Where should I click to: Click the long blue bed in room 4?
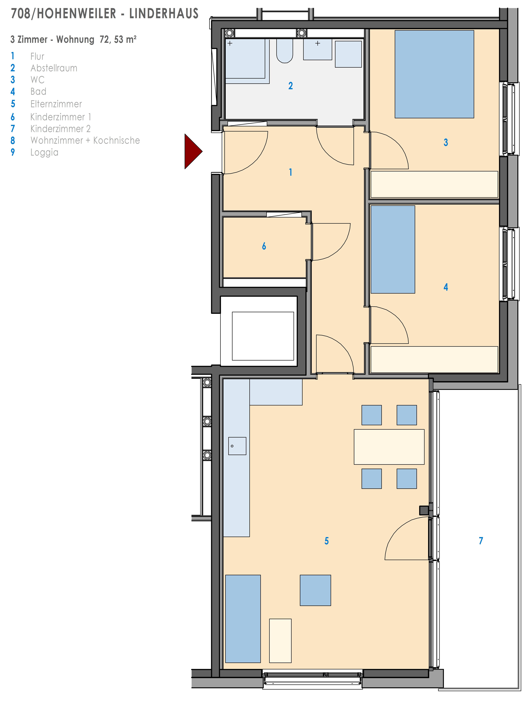[x=393, y=249]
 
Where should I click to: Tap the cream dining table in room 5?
[x=389, y=447]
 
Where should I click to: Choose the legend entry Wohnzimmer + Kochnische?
[x=85, y=140]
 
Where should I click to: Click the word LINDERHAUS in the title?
[x=164, y=14]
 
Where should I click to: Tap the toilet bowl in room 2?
[x=284, y=51]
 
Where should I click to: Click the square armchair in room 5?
[x=315, y=590]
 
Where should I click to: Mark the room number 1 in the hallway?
[x=290, y=172]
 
